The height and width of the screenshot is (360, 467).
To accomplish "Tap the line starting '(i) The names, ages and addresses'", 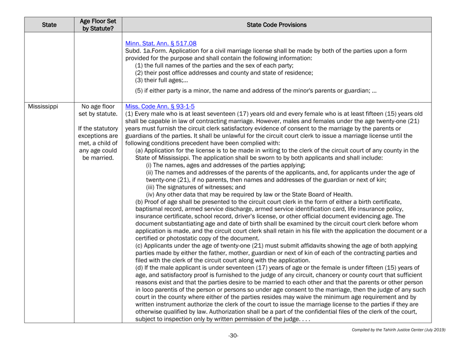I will point(216,165).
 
